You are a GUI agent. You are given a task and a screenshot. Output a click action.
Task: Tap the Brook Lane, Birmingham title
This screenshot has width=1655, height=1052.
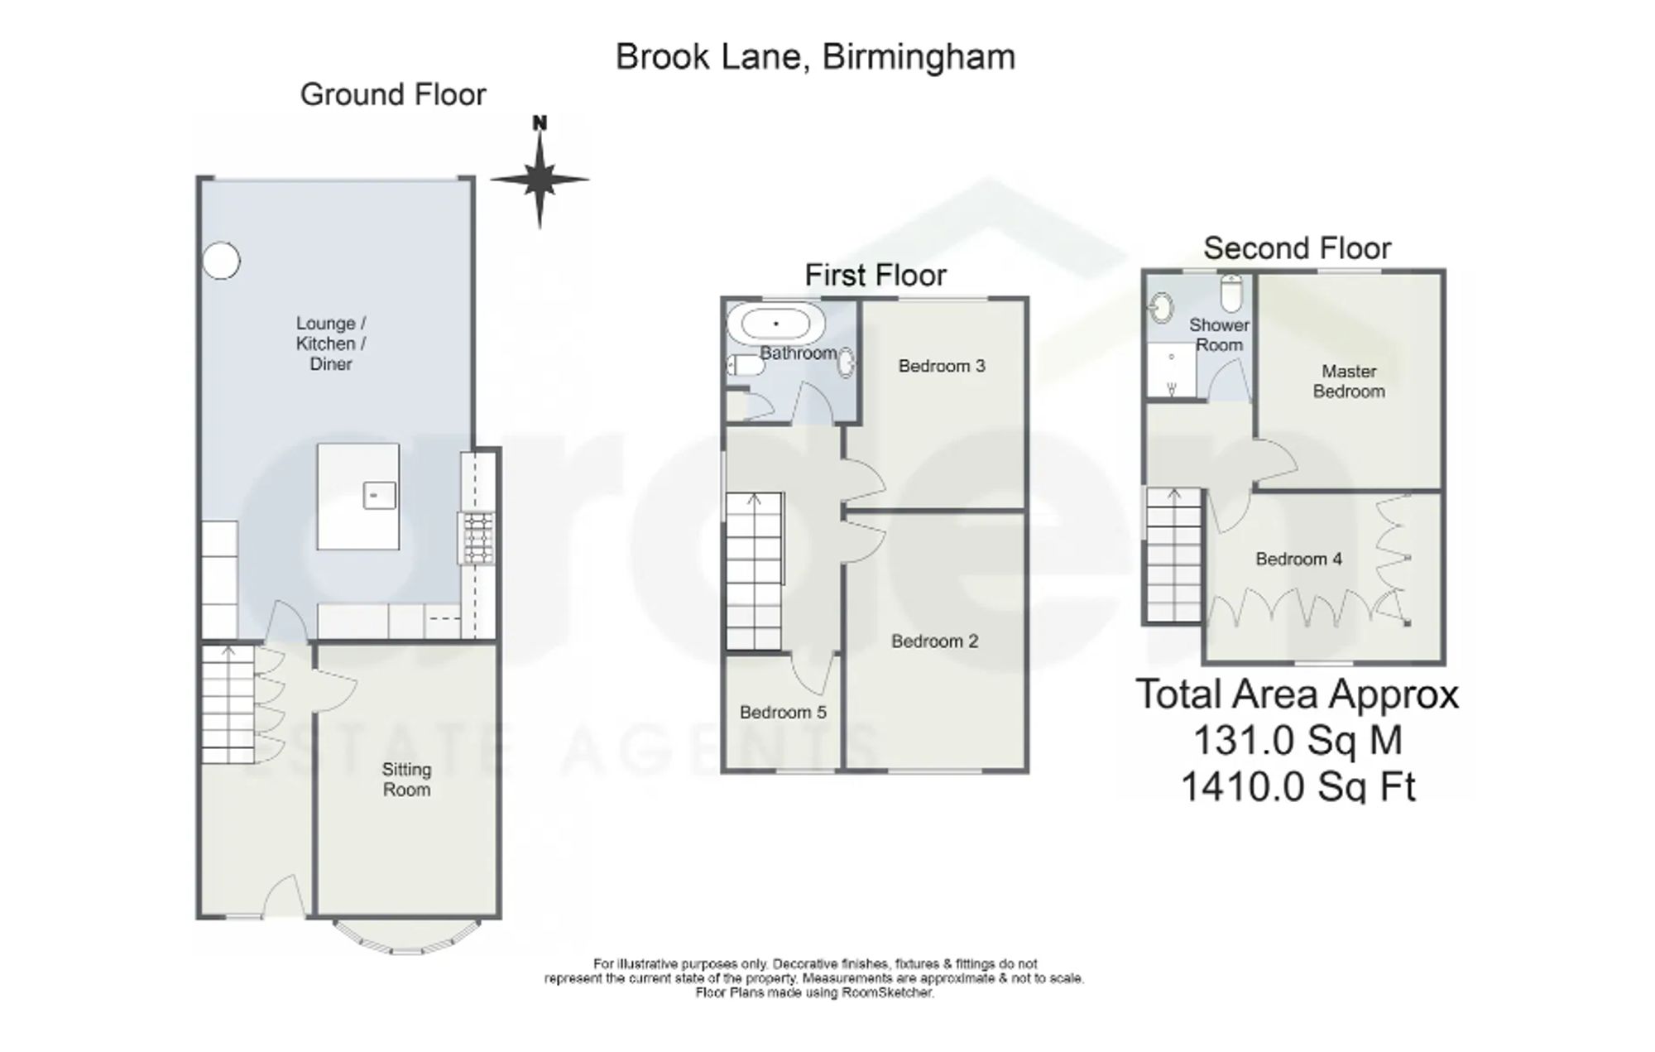tap(815, 57)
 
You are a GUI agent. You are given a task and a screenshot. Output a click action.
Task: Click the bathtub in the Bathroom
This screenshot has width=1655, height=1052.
tap(775, 323)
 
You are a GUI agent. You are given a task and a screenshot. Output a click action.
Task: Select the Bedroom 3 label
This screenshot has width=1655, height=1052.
tap(942, 366)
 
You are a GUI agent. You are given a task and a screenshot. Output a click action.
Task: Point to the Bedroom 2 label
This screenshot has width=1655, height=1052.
tap(934, 641)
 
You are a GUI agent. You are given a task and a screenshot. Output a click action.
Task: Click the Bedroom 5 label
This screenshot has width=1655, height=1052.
tap(783, 712)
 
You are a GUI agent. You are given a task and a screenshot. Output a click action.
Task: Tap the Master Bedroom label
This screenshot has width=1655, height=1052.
tap(1349, 382)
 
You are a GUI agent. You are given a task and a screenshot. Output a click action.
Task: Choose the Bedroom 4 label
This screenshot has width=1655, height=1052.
tap(1298, 560)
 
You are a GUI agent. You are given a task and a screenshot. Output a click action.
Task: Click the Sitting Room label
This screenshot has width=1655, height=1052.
tap(406, 780)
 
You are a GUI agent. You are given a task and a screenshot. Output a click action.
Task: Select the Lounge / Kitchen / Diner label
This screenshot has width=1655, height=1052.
tap(331, 343)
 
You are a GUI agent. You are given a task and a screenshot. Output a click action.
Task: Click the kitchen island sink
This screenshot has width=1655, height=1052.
tap(379, 495)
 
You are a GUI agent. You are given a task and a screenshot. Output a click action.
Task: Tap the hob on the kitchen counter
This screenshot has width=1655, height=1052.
tap(477, 538)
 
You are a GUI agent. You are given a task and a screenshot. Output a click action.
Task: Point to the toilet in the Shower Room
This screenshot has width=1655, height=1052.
tap(1231, 293)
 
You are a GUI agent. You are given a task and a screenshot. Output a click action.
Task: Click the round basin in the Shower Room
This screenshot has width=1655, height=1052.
tap(1162, 309)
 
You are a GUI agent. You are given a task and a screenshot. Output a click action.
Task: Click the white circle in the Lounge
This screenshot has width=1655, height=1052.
tap(221, 261)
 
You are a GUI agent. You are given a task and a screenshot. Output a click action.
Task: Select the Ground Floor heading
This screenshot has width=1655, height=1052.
tap(393, 94)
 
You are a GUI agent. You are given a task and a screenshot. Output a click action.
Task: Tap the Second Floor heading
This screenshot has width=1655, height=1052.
tap(1297, 247)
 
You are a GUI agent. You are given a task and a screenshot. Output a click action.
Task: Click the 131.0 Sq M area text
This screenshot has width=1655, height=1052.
tap(1298, 740)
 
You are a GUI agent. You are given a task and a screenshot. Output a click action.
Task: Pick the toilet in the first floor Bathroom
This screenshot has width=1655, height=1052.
tap(746, 365)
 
